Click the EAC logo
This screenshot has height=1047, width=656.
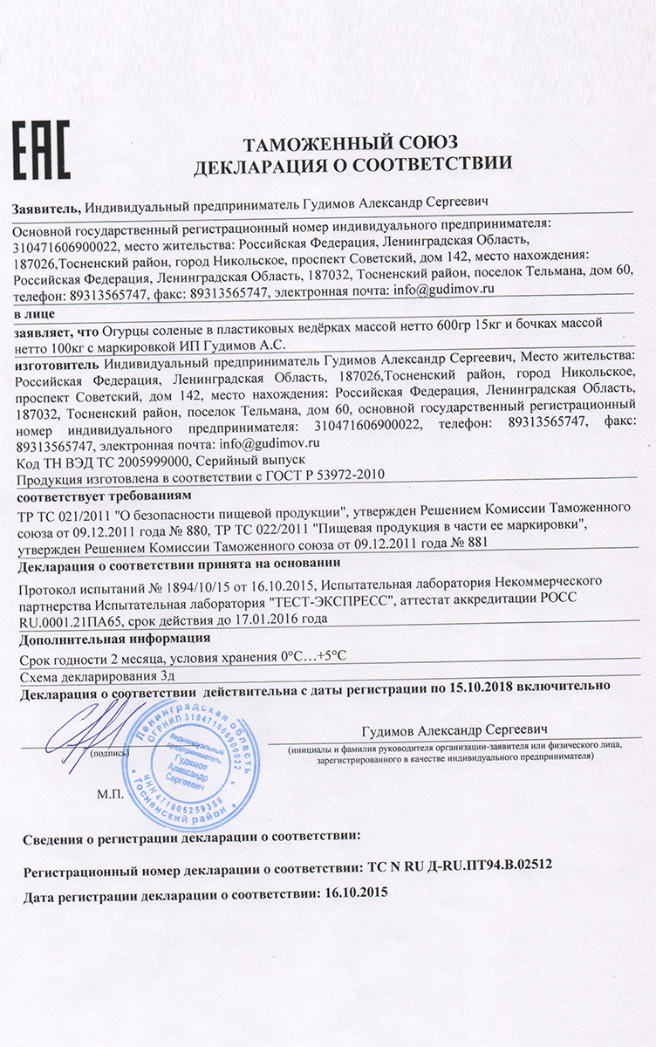40,150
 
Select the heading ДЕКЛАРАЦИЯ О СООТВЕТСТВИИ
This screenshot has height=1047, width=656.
352,163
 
